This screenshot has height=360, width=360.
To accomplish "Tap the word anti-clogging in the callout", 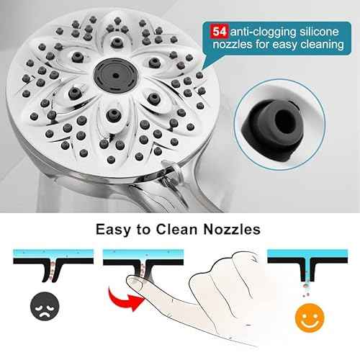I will click(x=257, y=31).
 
